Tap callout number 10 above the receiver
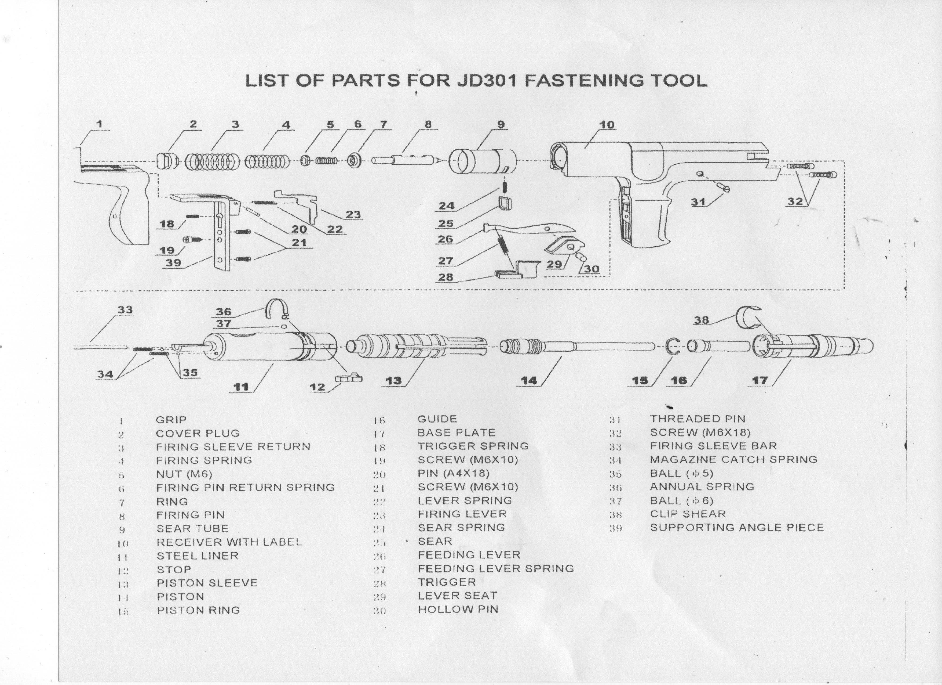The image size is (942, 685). (x=607, y=125)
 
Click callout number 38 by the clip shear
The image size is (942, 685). (x=702, y=320)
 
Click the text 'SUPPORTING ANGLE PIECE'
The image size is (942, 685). (x=737, y=528)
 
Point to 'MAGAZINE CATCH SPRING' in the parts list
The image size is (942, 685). (x=733, y=460)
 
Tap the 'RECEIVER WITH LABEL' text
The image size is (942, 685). (x=229, y=542)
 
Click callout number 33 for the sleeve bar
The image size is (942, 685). (x=125, y=310)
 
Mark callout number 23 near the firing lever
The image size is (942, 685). (x=353, y=214)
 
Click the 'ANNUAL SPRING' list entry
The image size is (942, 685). (x=702, y=487)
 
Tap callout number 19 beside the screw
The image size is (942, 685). (x=167, y=250)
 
